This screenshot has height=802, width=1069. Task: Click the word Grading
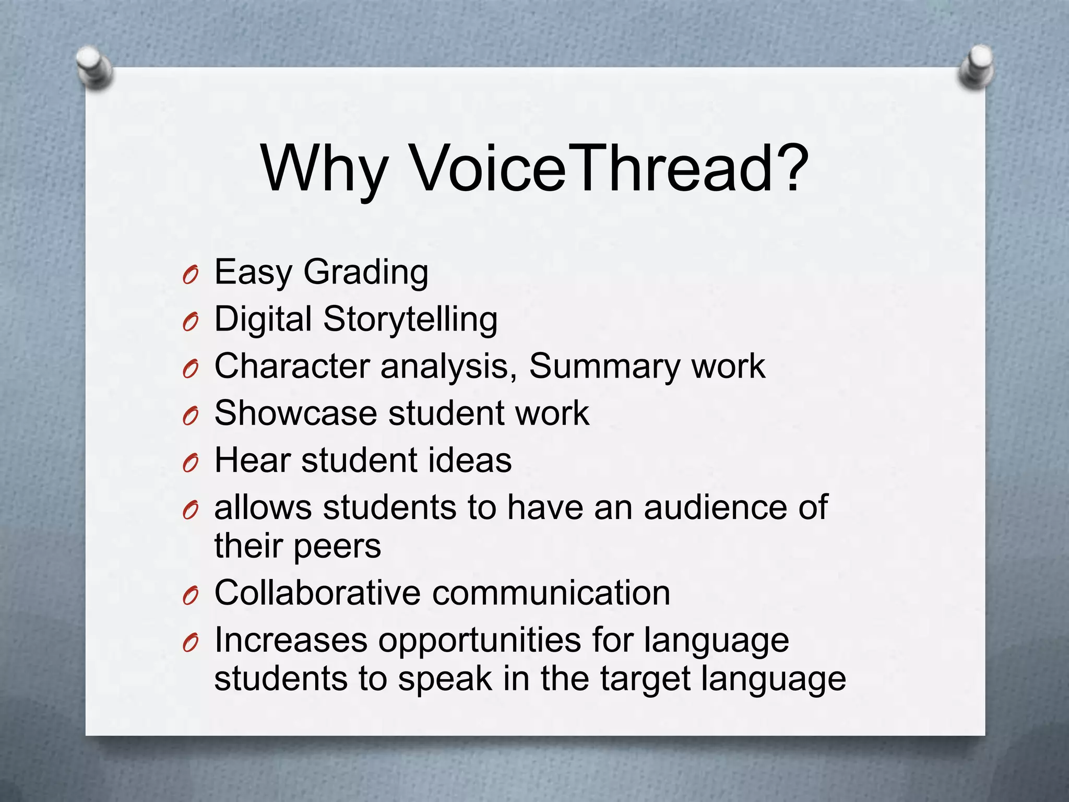[365, 273]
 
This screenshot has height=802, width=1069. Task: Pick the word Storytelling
[410, 319]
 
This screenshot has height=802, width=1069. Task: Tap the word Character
[292, 366]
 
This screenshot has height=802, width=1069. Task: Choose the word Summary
[604, 367]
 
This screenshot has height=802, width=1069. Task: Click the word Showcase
[295, 413]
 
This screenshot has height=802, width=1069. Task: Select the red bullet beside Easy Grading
[191, 274]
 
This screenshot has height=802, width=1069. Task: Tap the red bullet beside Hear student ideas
[191, 462]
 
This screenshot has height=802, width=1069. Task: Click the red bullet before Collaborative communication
[191, 595]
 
